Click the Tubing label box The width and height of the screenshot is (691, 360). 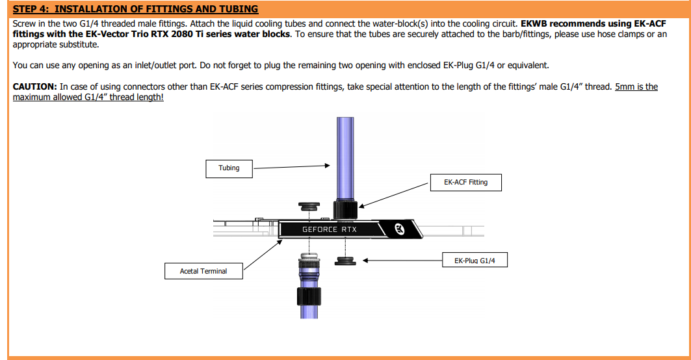point(229,169)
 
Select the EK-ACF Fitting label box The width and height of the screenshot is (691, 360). point(466,183)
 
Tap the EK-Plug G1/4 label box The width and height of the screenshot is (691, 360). point(475,260)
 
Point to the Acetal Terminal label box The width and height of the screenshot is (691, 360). point(203,271)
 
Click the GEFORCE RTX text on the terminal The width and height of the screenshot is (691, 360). point(329,229)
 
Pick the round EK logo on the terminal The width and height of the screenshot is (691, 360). point(400,229)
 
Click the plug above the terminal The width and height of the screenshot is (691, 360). point(309,207)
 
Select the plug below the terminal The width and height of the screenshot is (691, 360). point(345,261)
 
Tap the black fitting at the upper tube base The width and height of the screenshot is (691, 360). point(345,209)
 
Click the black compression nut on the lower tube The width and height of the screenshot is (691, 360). point(309,296)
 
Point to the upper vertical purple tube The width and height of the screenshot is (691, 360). point(345,159)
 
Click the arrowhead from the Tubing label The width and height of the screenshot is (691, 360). point(328,166)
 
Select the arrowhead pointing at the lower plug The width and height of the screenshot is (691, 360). point(365,261)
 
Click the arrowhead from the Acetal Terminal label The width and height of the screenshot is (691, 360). point(280,242)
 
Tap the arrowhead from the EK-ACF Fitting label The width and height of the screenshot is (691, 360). point(362,205)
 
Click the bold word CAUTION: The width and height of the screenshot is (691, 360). point(35,87)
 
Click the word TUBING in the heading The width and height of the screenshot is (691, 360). point(239,9)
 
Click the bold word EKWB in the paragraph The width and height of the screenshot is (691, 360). point(534,24)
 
